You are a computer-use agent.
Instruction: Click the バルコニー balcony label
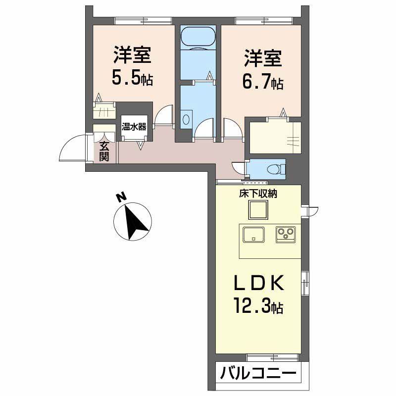(258, 373)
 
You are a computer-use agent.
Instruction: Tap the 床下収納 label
(258, 194)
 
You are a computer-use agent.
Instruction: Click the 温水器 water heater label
(134, 127)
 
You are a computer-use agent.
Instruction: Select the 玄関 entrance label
(104, 151)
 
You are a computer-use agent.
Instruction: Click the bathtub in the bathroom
(198, 38)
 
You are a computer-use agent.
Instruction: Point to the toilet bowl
(272, 169)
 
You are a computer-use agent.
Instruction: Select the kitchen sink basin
(254, 234)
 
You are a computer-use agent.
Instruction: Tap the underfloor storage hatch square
(258, 211)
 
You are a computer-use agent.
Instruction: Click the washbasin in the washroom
(187, 119)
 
